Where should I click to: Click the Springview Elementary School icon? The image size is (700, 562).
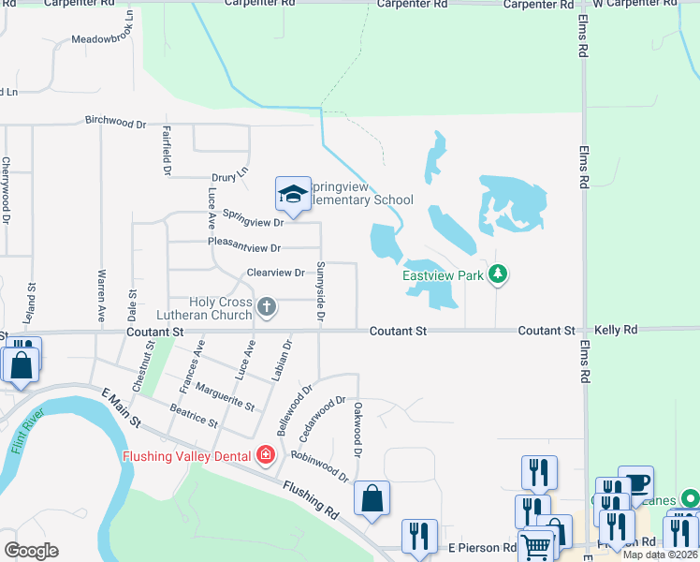[x=292, y=194]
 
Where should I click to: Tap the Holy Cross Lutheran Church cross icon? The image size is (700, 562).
[x=267, y=306]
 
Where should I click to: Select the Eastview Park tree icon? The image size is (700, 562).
[x=500, y=274]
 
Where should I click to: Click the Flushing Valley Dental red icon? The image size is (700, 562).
[x=266, y=455]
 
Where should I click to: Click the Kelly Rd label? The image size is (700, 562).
[x=617, y=331]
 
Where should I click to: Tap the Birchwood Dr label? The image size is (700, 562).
[x=116, y=123]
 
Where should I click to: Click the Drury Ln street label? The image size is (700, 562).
[x=231, y=173]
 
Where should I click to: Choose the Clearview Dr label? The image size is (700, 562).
[x=275, y=273]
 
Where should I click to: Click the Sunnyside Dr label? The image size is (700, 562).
[x=320, y=305]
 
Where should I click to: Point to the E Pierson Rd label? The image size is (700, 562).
[x=482, y=547]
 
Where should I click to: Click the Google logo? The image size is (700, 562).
[x=31, y=550]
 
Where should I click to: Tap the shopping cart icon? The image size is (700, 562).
[x=535, y=545]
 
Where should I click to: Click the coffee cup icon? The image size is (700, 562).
[x=636, y=482]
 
